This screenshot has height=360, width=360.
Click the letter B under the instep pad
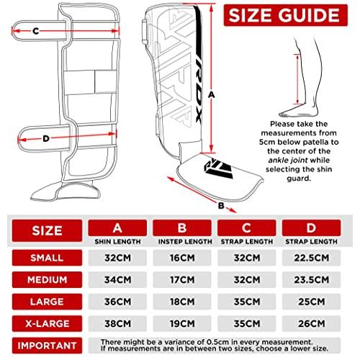223,206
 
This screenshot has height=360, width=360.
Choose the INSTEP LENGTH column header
184,233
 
